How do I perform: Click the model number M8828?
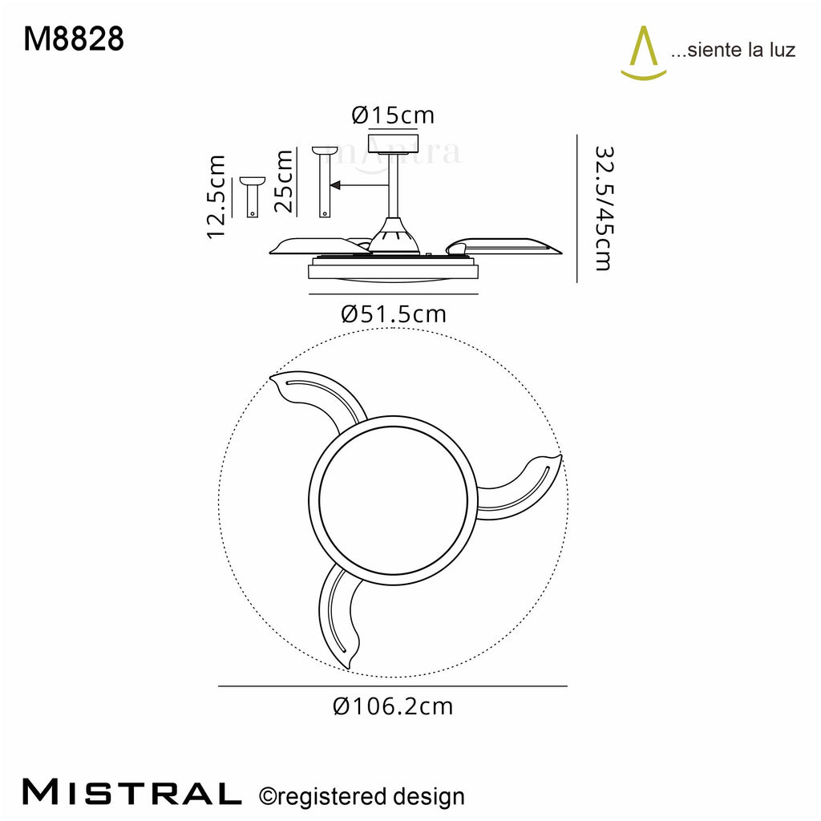coord(74,39)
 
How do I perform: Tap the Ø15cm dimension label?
coord(393,115)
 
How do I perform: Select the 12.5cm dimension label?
coord(216,197)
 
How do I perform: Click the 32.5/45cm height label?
coord(603,208)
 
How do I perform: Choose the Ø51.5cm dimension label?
coord(394,314)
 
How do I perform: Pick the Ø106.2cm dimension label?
coord(393,706)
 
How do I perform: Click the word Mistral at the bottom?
coord(132,792)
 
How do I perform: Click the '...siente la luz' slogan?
coord(733,50)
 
